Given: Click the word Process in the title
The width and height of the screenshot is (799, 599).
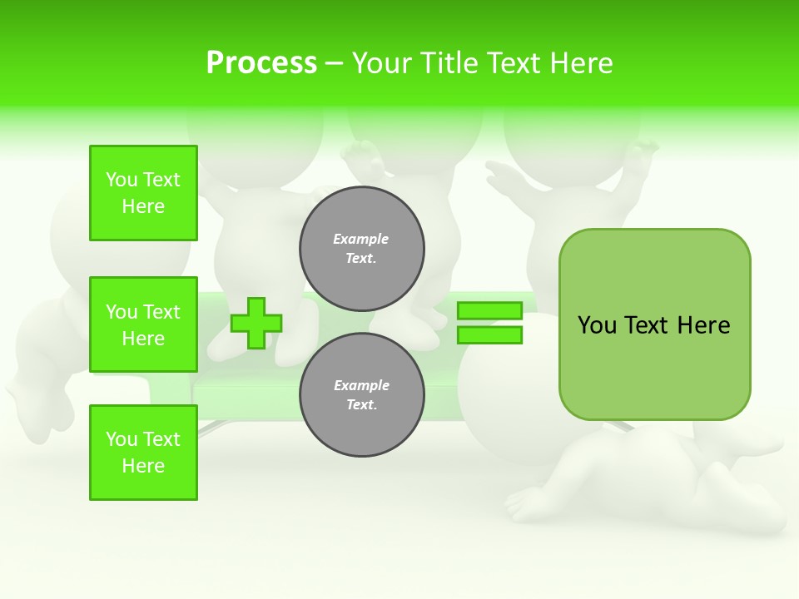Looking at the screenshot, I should (x=261, y=63).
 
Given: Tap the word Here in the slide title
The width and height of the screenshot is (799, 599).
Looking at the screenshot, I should (x=579, y=63).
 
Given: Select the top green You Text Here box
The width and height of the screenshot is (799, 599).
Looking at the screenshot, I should (x=143, y=193).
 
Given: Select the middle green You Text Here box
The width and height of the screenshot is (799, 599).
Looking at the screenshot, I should (x=143, y=324).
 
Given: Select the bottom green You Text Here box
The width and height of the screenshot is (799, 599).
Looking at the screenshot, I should (x=143, y=453).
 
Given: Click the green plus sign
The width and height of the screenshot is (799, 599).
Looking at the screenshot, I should (x=256, y=323).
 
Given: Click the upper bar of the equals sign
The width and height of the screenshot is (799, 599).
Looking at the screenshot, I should (x=489, y=310).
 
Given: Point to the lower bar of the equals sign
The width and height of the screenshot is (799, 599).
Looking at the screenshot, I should (x=489, y=334).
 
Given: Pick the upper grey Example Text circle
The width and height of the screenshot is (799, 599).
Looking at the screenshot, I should (x=362, y=249).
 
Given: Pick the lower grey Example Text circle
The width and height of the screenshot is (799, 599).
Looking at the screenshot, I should (x=362, y=395).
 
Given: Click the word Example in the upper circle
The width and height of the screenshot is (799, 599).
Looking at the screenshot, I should (x=361, y=239).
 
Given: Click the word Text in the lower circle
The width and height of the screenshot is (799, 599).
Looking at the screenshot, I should (x=361, y=405).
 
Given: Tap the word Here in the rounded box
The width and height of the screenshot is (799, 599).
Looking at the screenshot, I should (x=703, y=325).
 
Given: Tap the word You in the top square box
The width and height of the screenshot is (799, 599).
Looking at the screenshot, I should (x=122, y=180).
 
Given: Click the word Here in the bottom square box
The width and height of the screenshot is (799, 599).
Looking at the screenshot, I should (x=143, y=466).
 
